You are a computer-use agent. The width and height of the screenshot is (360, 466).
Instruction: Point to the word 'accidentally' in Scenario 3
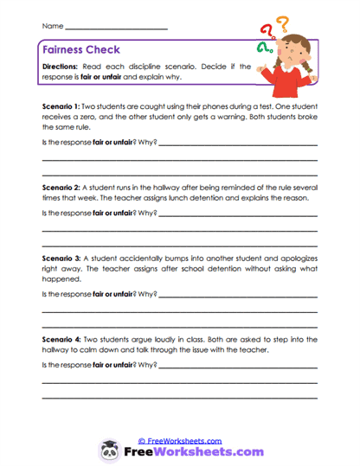(x=143, y=258)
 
